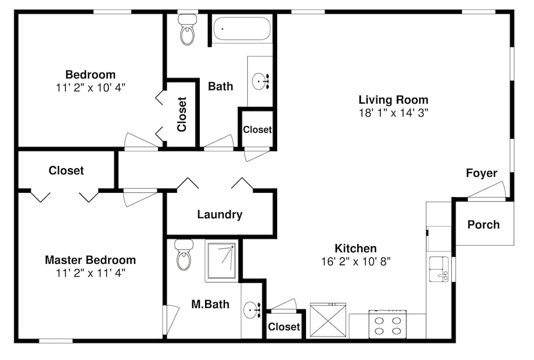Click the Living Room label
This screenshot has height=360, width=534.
coord(394,100)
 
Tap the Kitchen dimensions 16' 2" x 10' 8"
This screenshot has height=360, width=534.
coord(356,262)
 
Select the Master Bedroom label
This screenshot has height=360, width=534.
coord(90,260)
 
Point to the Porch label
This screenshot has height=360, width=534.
coord(483,224)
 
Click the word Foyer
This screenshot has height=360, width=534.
coord(482,173)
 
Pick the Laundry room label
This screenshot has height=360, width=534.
coord(219,215)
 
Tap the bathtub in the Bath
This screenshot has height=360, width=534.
coord(242,29)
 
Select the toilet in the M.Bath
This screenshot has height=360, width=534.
coord(184,255)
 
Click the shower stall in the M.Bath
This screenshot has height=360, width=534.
coord(222,261)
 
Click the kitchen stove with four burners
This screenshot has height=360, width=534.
coord(388,324)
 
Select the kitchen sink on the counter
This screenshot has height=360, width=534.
coord(439,269)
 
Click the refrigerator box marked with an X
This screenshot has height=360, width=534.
coord(328,320)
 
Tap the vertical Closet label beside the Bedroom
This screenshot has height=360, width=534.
coord(182,114)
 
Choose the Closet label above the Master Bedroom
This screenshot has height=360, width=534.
coord(66,170)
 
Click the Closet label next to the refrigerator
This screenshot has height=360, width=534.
coord(284,327)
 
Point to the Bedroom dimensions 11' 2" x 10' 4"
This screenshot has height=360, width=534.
coord(91,88)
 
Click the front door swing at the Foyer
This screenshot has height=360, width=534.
coord(487,191)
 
